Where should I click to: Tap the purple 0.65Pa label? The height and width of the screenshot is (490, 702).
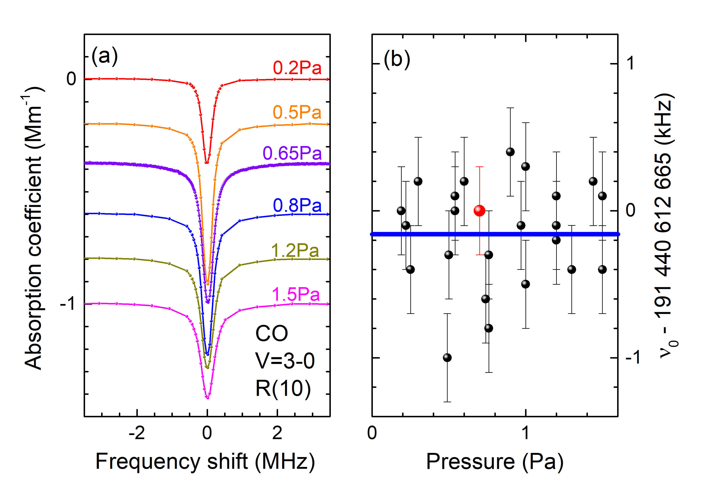tap(292, 153)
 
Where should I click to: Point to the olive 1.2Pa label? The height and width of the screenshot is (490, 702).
tap(295, 251)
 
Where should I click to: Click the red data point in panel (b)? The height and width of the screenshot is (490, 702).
tap(479, 211)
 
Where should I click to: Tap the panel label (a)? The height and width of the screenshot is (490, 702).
tap(105, 56)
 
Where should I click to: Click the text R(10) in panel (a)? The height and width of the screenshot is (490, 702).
tap(283, 389)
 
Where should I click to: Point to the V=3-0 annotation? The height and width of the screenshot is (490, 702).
tap(285, 361)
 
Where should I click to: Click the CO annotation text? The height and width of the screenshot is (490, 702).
tap(271, 333)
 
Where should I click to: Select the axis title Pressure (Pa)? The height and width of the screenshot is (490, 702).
tap(494, 462)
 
